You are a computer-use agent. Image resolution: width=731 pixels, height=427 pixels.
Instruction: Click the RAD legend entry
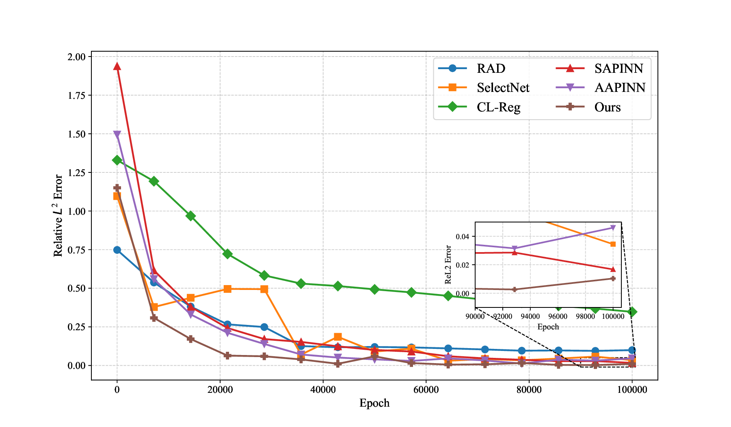[x=491, y=68]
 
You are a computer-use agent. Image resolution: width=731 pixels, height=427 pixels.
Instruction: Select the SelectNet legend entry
[x=503, y=88]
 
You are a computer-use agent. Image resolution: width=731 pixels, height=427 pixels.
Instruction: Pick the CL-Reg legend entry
[x=498, y=107]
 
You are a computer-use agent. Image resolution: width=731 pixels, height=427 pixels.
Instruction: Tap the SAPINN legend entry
[x=619, y=68]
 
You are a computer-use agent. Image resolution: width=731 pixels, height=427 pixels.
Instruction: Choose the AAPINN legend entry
[x=620, y=88]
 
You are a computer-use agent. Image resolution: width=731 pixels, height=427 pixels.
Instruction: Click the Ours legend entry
[x=608, y=107]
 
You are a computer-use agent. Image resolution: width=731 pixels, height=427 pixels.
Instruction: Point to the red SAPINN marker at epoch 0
[x=117, y=67]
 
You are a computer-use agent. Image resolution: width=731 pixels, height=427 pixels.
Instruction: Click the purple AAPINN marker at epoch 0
[x=117, y=134]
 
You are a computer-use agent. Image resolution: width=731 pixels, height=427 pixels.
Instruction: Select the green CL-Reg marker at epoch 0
[x=117, y=160]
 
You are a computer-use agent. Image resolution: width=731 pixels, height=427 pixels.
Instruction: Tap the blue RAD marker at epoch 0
[x=117, y=250]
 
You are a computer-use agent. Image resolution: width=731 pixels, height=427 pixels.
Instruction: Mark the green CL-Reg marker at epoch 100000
[x=632, y=312]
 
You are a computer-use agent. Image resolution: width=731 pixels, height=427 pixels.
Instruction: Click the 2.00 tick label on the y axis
[x=76, y=57]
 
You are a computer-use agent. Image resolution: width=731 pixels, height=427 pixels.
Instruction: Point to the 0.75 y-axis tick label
[x=76, y=250]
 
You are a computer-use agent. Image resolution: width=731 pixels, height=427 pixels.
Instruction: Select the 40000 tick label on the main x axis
[x=323, y=390]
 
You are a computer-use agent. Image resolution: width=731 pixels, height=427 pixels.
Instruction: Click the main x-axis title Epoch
[x=374, y=403]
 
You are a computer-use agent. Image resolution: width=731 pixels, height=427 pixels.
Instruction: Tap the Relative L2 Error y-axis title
[x=58, y=216]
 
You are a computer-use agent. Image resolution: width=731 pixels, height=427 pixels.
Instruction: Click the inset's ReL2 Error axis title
[x=448, y=264]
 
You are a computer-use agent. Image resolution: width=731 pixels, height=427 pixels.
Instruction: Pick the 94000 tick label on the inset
[x=530, y=316]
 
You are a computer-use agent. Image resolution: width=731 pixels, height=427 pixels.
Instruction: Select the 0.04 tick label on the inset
[x=463, y=237]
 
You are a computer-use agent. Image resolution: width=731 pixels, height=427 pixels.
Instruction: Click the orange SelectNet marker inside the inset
[x=613, y=244]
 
